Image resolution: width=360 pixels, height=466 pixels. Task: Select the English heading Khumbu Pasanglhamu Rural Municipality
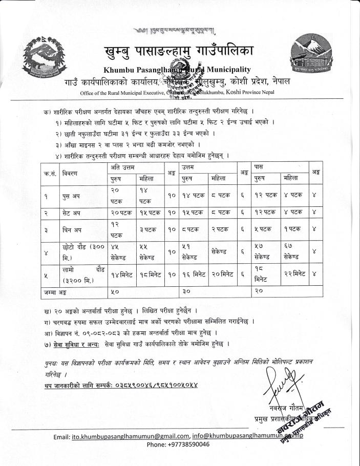177,70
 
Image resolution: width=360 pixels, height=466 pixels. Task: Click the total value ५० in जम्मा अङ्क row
116,291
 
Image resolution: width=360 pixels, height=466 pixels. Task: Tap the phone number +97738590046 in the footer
178,444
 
